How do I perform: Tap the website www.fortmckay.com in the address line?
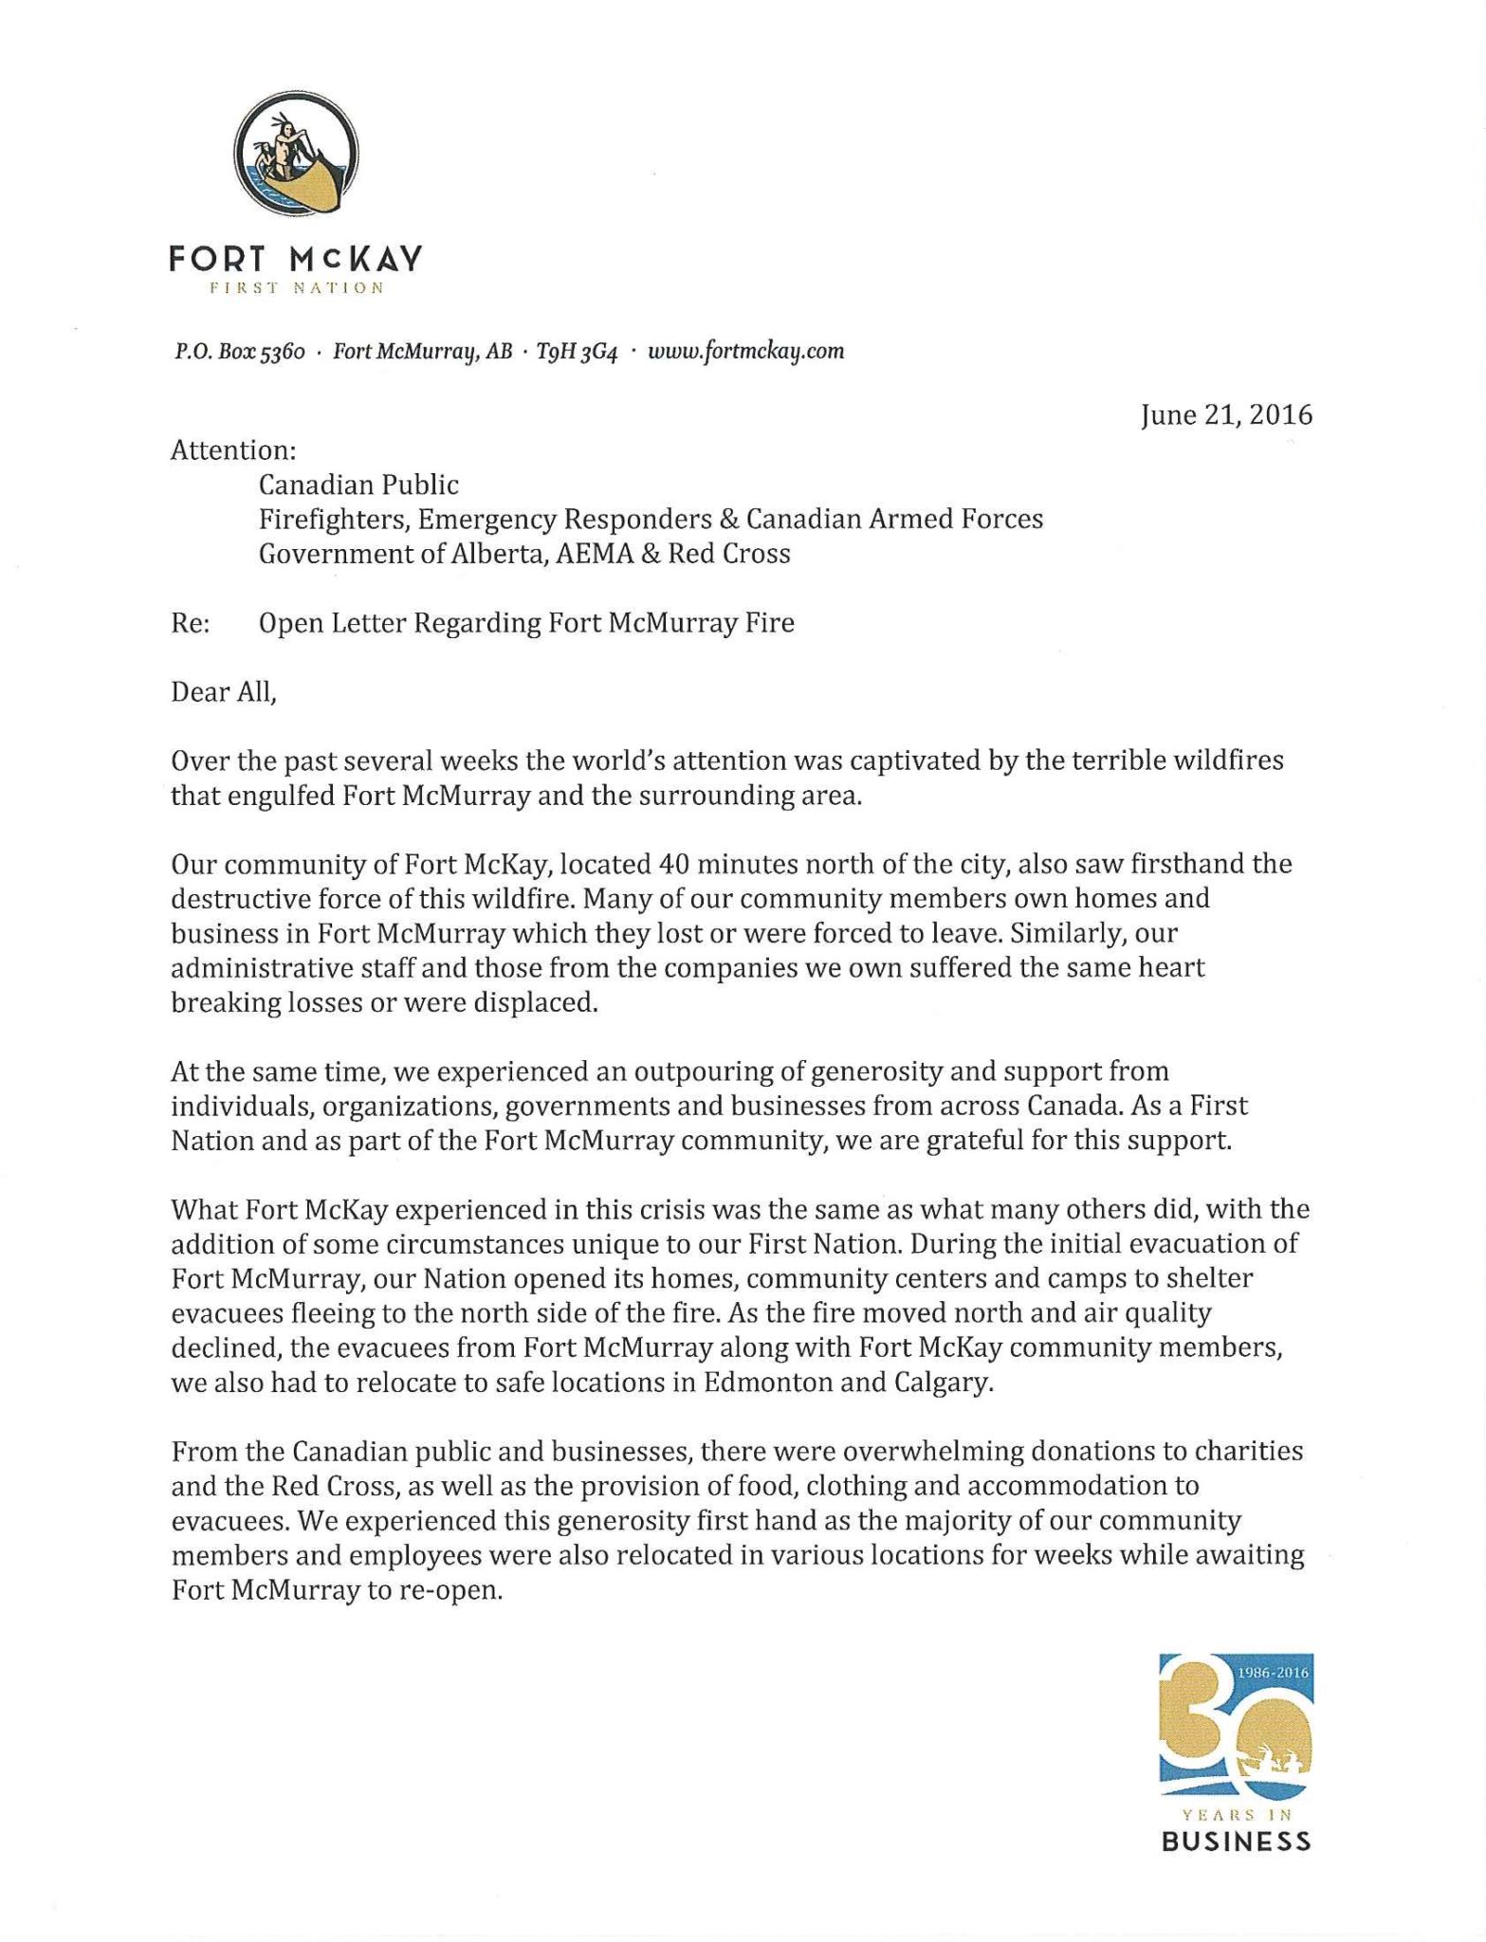click(745, 352)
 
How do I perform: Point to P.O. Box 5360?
click(238, 352)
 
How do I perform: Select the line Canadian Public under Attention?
click(358, 485)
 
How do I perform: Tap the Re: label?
click(191, 623)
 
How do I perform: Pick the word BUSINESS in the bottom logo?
click(1236, 1842)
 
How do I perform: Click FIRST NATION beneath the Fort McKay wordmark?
click(277, 287)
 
